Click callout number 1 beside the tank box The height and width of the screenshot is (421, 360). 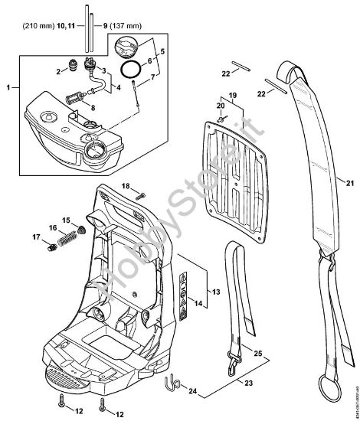(x=8, y=89)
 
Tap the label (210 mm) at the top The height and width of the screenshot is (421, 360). (x=34, y=26)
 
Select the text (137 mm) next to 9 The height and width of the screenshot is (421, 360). (x=123, y=26)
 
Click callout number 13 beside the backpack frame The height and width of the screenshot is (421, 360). (x=216, y=292)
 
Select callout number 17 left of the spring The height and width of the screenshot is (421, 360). (x=35, y=237)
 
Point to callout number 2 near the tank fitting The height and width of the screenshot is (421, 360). (x=58, y=71)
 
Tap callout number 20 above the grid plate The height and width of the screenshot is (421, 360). (x=220, y=105)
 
